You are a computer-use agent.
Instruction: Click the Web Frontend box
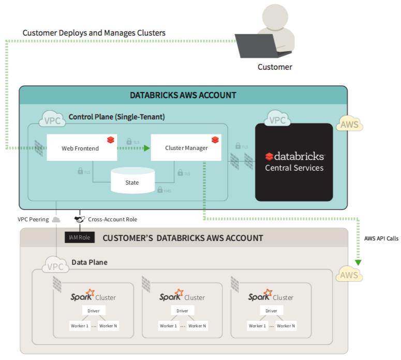pos(80,148)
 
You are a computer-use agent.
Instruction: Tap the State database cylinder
pos(132,181)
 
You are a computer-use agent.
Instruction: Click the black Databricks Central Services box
pos(294,162)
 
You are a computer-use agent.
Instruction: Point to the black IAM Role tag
pos(80,237)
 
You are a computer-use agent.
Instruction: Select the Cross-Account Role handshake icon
pos(79,219)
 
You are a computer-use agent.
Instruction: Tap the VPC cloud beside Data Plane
pos(55,266)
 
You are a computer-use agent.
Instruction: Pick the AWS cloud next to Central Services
pos(349,125)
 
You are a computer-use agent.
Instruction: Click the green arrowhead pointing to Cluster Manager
pos(147,148)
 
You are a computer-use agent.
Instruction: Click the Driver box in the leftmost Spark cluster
pos(93,311)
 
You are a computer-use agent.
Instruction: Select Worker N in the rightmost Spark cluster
pos(286,326)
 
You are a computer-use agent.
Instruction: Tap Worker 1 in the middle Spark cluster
pos(168,326)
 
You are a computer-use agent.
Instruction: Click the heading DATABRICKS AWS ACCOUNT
pos(183,95)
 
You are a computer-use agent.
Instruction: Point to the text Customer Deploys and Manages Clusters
pos(94,33)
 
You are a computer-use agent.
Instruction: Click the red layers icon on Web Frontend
pos(110,140)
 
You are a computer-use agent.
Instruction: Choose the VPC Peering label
pos(33,219)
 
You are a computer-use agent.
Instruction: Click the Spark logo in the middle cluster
pos(171,296)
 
